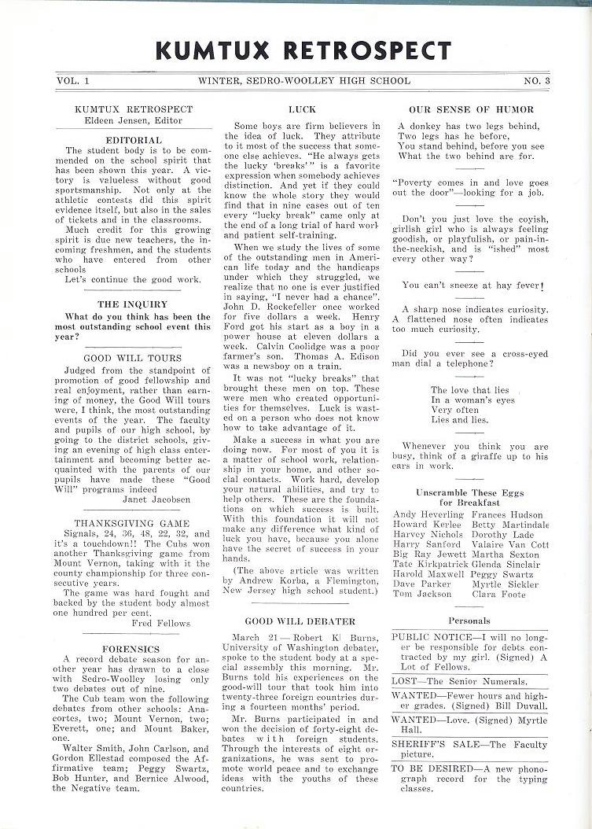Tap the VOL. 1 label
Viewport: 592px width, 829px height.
(74, 80)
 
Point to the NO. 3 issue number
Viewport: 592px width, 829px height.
(537, 80)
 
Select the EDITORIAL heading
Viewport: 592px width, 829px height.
(133, 140)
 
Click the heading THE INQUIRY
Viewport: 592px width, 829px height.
(132, 304)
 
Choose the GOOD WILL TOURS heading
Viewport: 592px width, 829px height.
(132, 358)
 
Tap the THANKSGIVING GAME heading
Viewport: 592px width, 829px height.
(132, 523)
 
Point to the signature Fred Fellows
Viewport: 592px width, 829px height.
(160, 623)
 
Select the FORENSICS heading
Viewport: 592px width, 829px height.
(132, 649)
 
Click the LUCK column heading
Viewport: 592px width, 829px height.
(302, 109)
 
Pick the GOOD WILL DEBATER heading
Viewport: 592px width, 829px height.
(300, 621)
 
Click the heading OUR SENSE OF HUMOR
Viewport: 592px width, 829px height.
(471, 109)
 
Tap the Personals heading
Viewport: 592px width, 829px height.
(469, 621)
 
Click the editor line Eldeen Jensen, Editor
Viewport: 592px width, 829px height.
(133, 120)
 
